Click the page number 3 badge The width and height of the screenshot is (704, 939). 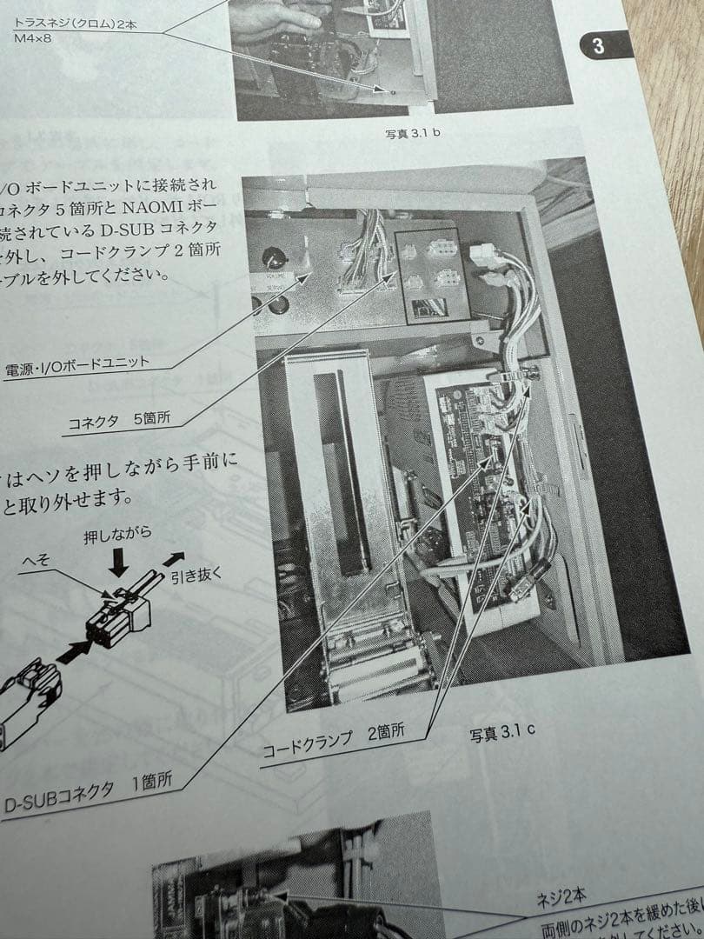click(598, 46)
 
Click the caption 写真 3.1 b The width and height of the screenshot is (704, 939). click(413, 134)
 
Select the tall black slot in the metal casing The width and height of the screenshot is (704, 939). click(334, 469)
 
